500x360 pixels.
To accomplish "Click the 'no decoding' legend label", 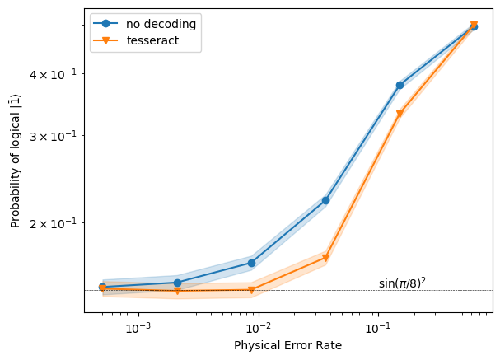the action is [x=161, y=24].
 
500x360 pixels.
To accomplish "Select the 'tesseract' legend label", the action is [x=152, y=40].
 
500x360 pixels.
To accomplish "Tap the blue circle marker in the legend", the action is [x=105, y=23].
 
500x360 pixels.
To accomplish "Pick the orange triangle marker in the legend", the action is [x=105, y=40].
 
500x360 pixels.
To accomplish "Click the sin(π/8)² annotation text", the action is [x=402, y=283].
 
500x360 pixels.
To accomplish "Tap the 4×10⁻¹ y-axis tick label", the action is [x=54, y=75].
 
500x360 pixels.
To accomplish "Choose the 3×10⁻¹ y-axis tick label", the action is [x=54, y=137].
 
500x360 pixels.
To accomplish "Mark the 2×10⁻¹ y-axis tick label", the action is [x=54, y=223].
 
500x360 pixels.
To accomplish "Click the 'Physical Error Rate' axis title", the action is [x=287, y=345].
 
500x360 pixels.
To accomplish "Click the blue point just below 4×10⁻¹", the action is [x=400, y=85].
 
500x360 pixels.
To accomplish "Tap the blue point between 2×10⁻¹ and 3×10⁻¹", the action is [x=325, y=200].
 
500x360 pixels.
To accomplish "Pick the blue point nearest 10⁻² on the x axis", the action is [x=251, y=263].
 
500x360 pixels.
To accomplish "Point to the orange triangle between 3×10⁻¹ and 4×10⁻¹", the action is [x=400, y=114].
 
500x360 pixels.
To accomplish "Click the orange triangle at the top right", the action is [x=474, y=25].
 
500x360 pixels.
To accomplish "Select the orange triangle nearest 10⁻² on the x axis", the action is [x=251, y=290].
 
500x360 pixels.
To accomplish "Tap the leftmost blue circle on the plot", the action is [x=103, y=287].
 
